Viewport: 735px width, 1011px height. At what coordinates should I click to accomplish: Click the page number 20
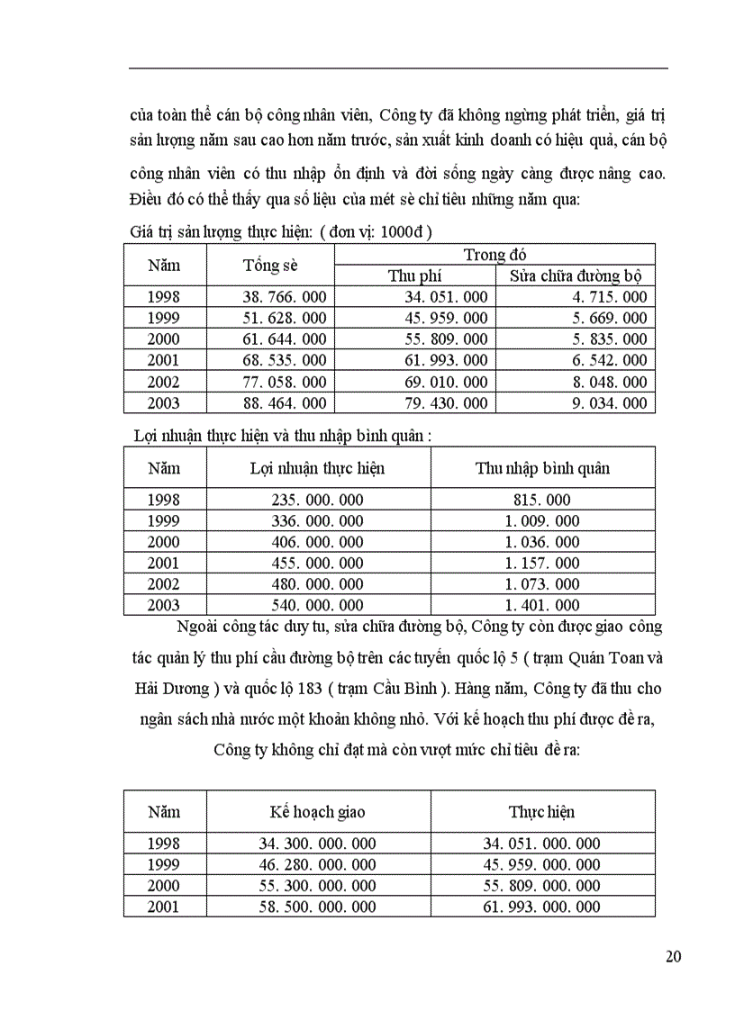tap(673, 956)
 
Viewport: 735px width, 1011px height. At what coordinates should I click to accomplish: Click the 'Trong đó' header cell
tap(495, 255)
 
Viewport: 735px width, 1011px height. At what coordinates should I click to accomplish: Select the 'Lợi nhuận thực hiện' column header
tap(317, 468)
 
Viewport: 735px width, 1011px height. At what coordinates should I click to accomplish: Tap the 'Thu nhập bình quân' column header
tap(542, 468)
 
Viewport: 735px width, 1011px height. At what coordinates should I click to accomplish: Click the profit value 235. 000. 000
tap(317, 500)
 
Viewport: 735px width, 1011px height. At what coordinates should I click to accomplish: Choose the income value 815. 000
tap(542, 500)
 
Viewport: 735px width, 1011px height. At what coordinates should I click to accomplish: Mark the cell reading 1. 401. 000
tap(542, 606)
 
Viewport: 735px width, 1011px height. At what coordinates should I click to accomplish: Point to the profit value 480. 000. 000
tap(317, 584)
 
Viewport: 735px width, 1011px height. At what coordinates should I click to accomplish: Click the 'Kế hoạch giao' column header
tap(317, 812)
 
